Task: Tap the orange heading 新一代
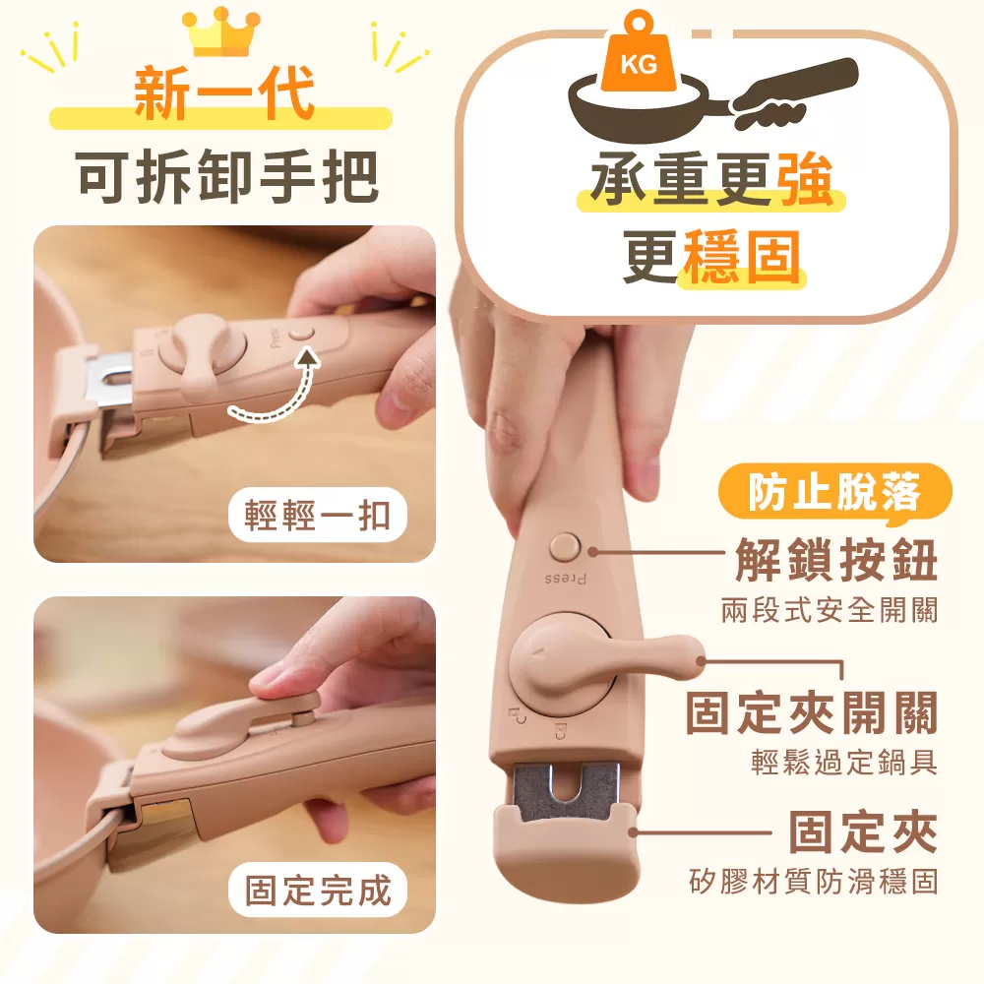[224, 96]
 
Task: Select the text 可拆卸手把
[227, 179]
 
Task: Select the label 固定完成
[318, 891]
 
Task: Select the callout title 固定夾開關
[812, 712]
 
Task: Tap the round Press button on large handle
[566, 548]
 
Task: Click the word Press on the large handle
[566, 579]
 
